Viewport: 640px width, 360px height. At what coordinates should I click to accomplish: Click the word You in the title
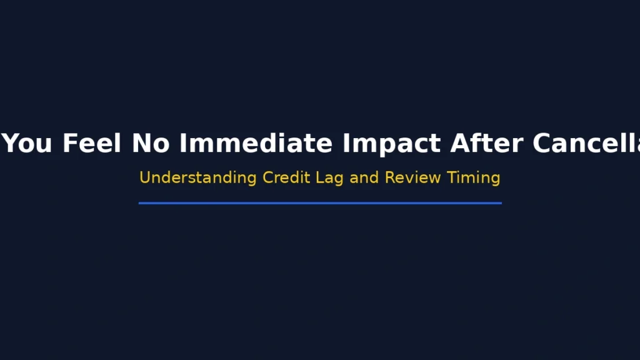[29, 144]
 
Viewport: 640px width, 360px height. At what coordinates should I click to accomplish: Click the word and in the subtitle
[364, 177]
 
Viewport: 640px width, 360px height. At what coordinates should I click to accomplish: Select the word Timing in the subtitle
[474, 178]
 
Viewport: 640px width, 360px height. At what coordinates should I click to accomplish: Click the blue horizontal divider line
[320, 203]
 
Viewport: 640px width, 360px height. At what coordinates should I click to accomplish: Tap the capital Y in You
[12, 144]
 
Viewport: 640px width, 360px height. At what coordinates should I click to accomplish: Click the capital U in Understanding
[144, 177]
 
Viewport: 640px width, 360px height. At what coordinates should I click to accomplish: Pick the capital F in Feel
[69, 144]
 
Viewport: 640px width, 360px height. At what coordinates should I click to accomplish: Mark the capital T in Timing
[451, 177]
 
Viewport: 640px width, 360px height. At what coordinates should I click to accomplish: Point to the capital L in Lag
[319, 177]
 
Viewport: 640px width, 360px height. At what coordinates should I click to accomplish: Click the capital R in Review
[389, 177]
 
